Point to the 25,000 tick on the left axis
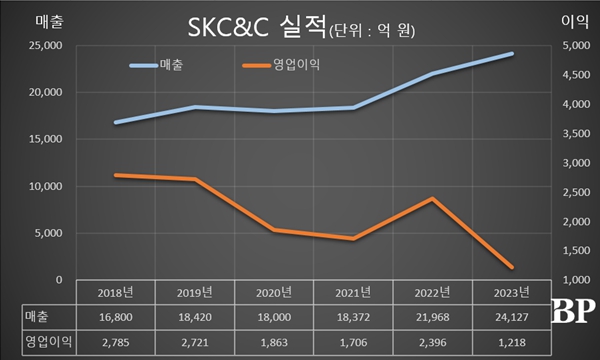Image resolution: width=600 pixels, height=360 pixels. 45,46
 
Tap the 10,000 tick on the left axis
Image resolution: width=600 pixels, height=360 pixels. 45,187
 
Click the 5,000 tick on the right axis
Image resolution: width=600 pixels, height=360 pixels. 571,46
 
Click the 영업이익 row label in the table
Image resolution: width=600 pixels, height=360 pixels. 27,342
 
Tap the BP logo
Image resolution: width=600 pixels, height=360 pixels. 575,310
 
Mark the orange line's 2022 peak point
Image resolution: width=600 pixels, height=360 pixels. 431,199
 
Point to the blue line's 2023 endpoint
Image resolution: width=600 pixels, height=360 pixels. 513,54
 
